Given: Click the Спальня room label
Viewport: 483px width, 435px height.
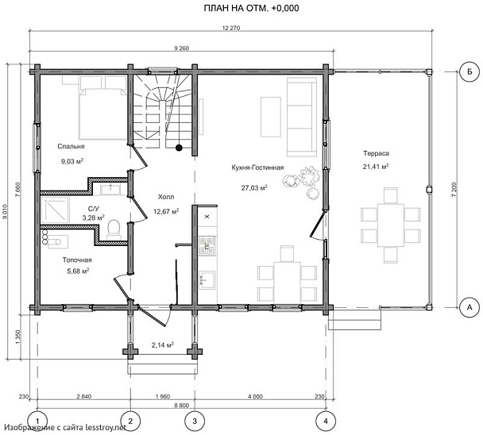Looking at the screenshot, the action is pyautogui.click(x=71, y=146).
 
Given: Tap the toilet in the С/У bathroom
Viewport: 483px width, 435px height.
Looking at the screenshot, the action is pyautogui.click(x=114, y=229).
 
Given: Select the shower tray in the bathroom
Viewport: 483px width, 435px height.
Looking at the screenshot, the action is pyautogui.click(x=55, y=210).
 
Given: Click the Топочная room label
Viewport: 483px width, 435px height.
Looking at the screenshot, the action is pyautogui.click(x=77, y=260).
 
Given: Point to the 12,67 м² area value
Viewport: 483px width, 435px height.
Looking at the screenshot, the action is pyautogui.click(x=166, y=211).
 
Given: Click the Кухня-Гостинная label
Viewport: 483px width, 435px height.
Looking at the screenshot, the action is pyautogui.click(x=257, y=167).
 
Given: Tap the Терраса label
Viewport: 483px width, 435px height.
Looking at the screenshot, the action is pyautogui.click(x=376, y=153).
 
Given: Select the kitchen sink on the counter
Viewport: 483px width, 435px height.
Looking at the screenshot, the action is pyautogui.click(x=207, y=280).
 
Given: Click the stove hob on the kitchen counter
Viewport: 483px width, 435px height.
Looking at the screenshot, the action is pyautogui.click(x=207, y=245).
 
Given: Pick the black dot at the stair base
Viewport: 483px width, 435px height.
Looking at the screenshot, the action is pyautogui.click(x=179, y=148).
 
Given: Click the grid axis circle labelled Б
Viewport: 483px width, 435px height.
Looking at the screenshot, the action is pyautogui.click(x=469, y=71).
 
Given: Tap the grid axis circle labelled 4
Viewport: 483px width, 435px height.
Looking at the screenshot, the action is pyautogui.click(x=326, y=421).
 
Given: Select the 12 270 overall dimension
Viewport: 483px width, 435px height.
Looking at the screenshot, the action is pyautogui.click(x=231, y=28).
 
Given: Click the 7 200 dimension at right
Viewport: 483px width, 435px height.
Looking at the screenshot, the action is pyautogui.click(x=454, y=190).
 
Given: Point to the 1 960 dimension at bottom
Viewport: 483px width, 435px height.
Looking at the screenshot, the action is pyautogui.click(x=162, y=397).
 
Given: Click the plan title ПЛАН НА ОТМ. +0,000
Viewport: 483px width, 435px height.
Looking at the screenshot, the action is pyautogui.click(x=251, y=8).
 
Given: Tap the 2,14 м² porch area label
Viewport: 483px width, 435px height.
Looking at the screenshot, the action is pyautogui.click(x=162, y=345).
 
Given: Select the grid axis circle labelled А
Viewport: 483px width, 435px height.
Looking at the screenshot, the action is pyautogui.click(x=469, y=307).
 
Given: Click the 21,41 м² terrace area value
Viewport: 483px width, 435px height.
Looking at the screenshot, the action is pyautogui.click(x=376, y=167).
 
